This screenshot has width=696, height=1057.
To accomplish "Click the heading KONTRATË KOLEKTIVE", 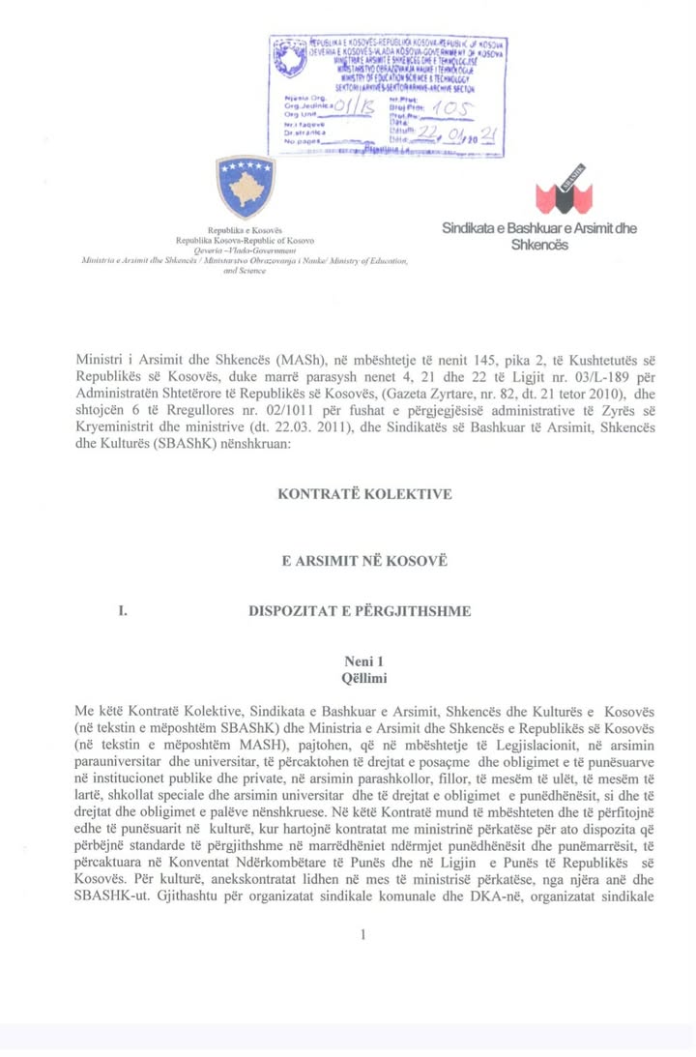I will coord(364,494).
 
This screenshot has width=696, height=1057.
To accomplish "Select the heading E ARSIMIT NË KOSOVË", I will coord(364,561).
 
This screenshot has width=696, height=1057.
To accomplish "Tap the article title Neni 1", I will coord(364,661).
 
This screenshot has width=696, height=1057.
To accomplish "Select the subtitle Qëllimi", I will coord(364,679).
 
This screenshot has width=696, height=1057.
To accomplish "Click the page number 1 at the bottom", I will coord(364,935).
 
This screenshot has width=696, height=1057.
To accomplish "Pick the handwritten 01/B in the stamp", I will coord(353,108).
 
